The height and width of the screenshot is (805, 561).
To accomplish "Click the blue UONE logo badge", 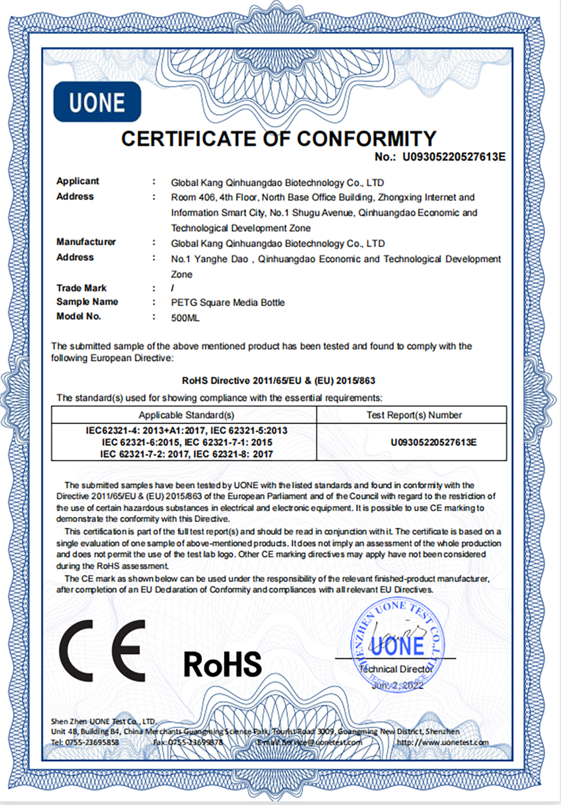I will [x=97, y=102].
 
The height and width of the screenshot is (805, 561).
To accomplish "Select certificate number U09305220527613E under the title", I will [x=453, y=157].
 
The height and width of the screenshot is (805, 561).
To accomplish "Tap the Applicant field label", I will [x=77, y=181].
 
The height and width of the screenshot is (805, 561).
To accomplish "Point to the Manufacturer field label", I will [x=86, y=242].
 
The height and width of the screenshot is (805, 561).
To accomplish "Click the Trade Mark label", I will [x=81, y=288].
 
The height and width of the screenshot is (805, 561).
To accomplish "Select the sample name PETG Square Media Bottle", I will [x=228, y=302].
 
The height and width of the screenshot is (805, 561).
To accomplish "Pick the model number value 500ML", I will [x=185, y=318].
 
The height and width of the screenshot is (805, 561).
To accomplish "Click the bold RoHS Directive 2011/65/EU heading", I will [x=278, y=381].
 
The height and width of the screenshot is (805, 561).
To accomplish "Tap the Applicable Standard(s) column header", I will [x=186, y=415].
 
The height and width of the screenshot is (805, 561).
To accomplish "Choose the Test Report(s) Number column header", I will [x=414, y=415].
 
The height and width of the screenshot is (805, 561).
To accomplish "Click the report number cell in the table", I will [x=433, y=442].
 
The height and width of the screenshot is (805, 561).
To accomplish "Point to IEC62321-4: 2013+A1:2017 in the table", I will [x=145, y=431].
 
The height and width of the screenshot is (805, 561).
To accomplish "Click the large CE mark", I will [x=102, y=651].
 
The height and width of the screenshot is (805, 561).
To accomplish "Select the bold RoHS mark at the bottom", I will [x=222, y=664].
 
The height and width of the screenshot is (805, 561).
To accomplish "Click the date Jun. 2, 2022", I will [x=397, y=686].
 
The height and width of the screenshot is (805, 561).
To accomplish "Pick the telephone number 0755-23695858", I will [x=92, y=742].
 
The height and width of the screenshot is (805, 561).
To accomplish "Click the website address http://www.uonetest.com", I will [x=443, y=742].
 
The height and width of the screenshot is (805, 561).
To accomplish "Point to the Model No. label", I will [x=78, y=316].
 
